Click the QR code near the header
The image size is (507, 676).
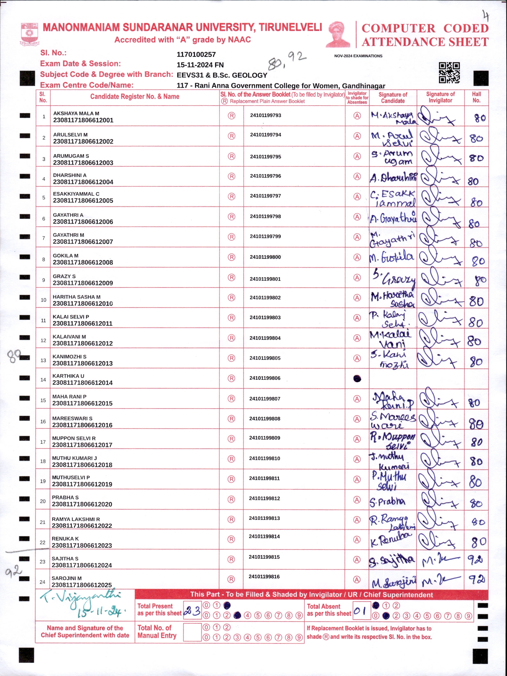coord(449,73)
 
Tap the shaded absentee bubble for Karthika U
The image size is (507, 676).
coord(357,379)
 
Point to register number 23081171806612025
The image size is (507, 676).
coord(82,585)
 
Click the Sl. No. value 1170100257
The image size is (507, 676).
coord(196,54)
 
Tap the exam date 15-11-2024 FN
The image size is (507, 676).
coord(200,65)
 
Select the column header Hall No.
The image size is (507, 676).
coord(476,97)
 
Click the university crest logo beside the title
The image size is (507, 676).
coord(29,34)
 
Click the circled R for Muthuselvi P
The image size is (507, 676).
coord(232,479)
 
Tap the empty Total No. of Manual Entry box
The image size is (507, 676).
coord(192,632)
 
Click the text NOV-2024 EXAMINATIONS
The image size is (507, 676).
coord(358,56)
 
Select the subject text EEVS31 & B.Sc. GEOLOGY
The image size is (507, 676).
coord(222,75)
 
